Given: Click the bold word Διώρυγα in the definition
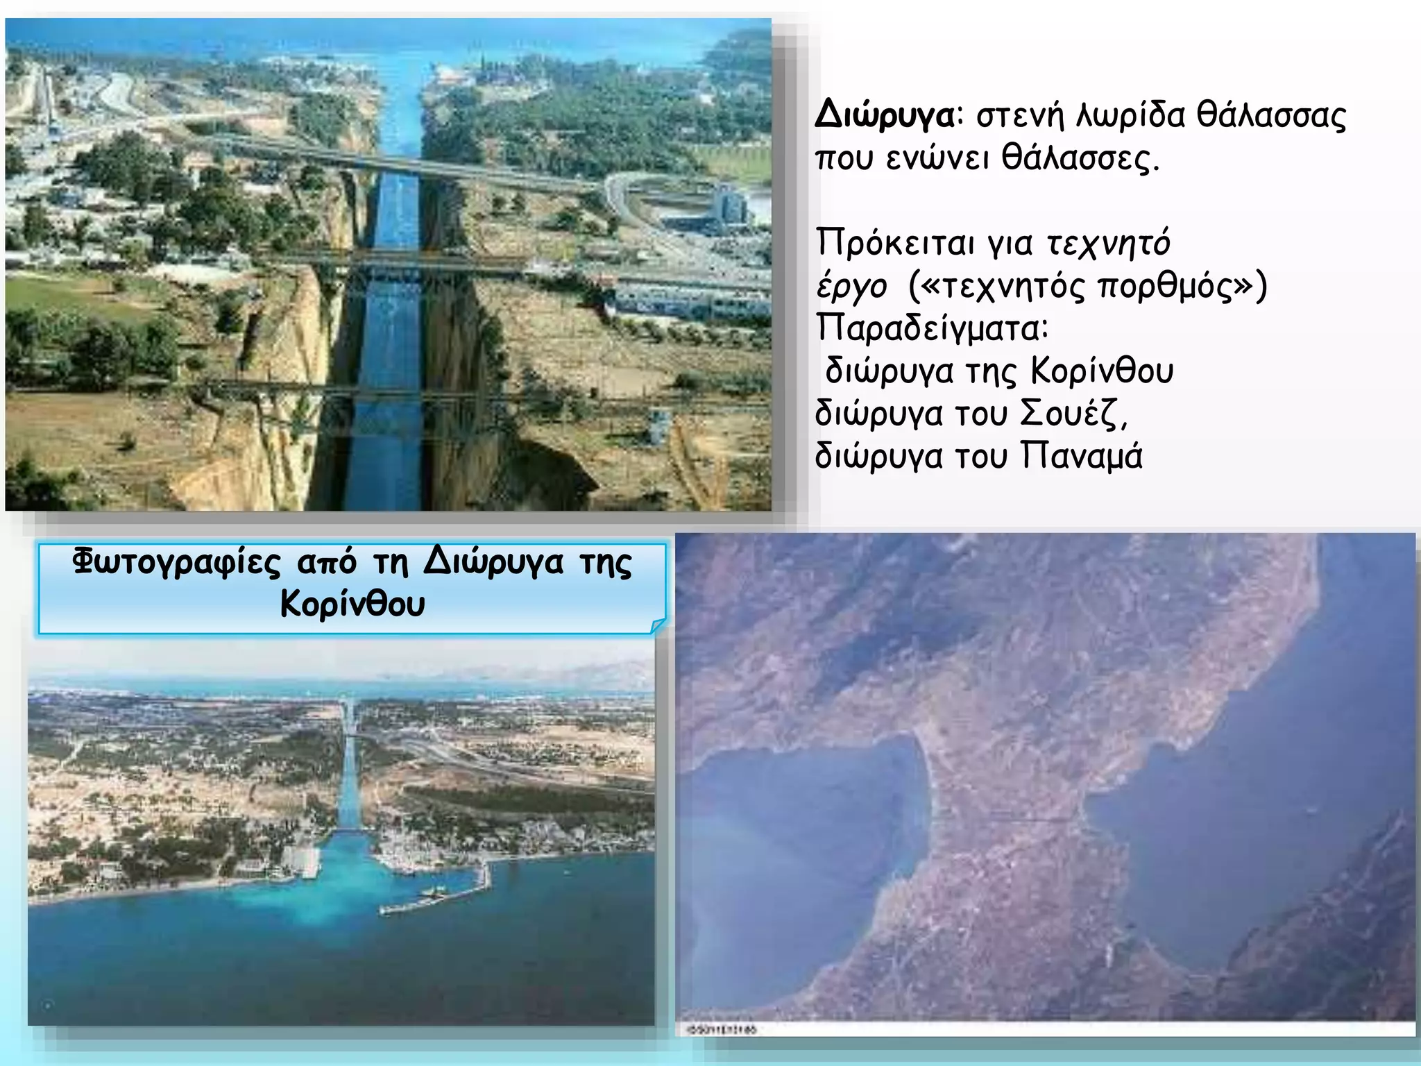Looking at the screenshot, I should click(x=884, y=116).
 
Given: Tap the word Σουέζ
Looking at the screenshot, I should click(x=1073, y=414).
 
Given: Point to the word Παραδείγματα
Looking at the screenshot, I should click(x=930, y=328).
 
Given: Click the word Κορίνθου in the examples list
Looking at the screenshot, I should click(x=1101, y=371).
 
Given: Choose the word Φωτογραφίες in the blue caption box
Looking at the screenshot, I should click(x=176, y=562).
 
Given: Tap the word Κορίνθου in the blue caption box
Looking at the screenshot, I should click(x=352, y=604).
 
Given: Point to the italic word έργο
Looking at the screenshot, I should click(x=851, y=286).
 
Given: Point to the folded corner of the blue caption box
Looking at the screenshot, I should click(x=658, y=626).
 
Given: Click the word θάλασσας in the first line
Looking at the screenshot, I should click(x=1271, y=116).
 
